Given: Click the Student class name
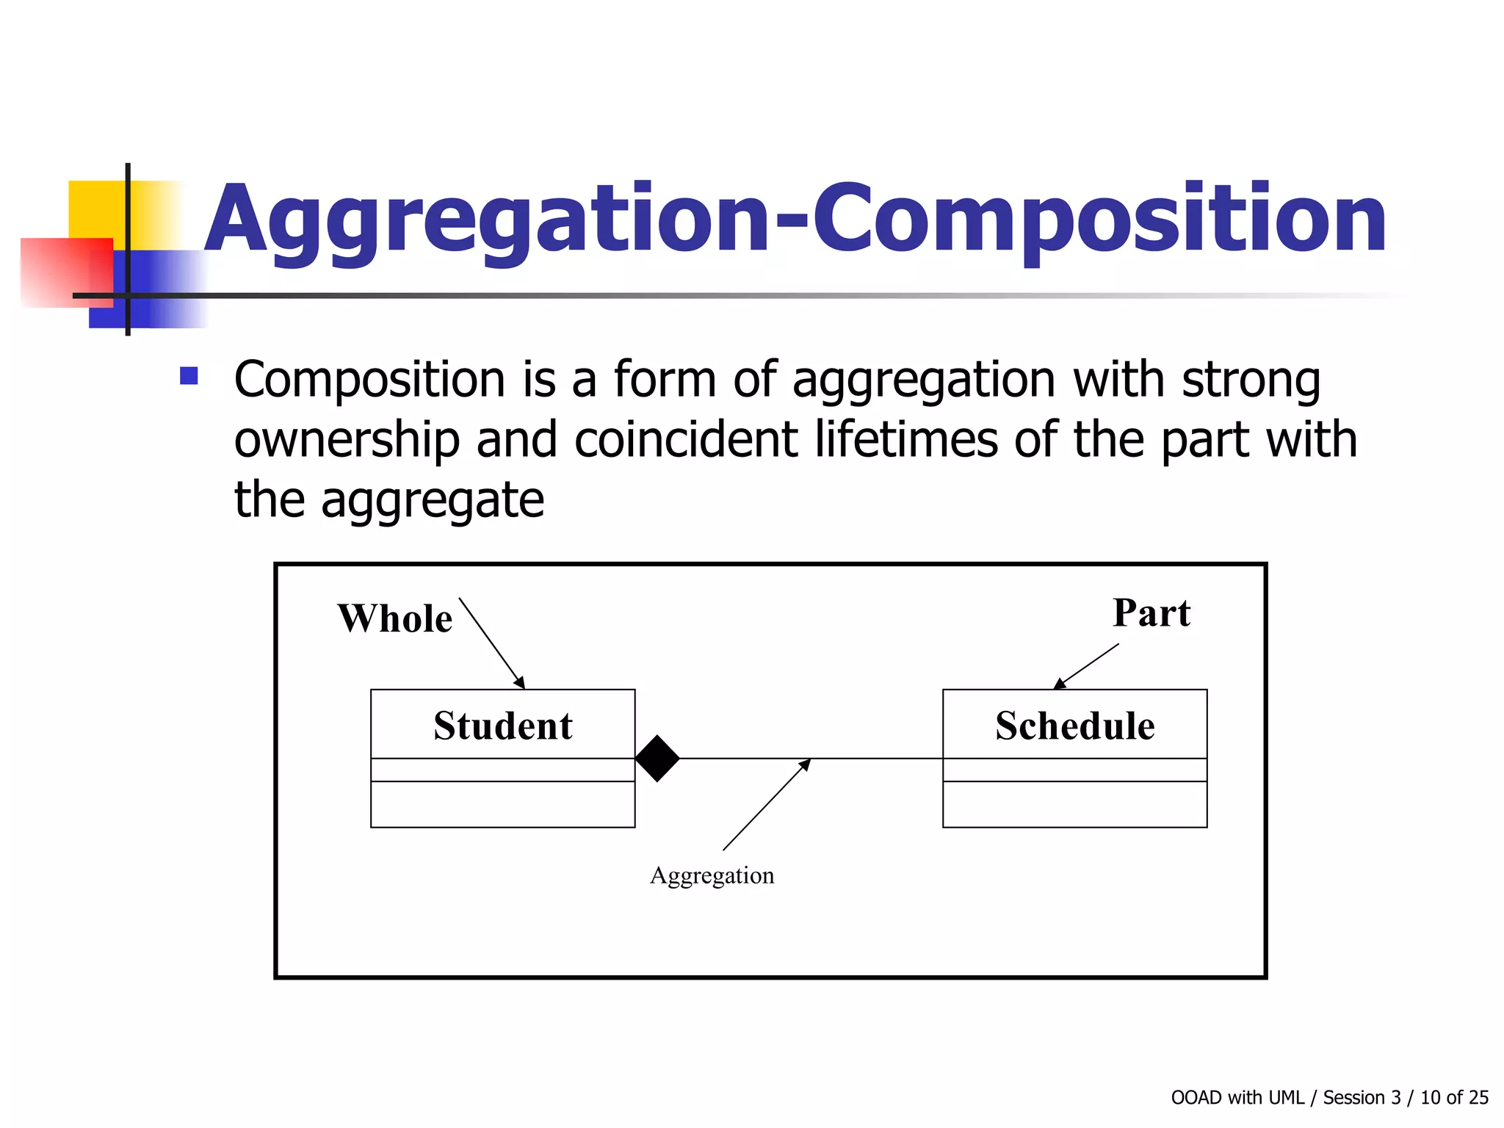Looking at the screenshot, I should pyautogui.click(x=502, y=726).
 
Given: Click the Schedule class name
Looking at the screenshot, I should pyautogui.click(x=1074, y=726).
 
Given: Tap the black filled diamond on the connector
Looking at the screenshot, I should pyautogui.click(x=657, y=758).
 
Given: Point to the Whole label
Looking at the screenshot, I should pyautogui.click(x=394, y=618).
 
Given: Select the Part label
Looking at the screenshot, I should pyautogui.click(x=1151, y=612).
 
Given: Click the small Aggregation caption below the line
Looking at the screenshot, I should pyautogui.click(x=712, y=875).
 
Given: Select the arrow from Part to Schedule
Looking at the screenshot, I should pyautogui.click(x=1087, y=666).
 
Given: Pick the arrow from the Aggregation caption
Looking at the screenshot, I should pyautogui.click(x=766, y=805).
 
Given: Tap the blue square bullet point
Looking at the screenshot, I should pyautogui.click(x=189, y=376).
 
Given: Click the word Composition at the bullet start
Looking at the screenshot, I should pyautogui.click(x=369, y=380).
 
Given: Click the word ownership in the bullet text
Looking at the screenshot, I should pyautogui.click(x=347, y=441).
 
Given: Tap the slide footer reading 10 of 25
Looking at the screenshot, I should pyautogui.click(x=1454, y=1097).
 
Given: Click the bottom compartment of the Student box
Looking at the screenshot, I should pyautogui.click(x=502, y=804).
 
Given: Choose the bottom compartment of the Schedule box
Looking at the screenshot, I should pyautogui.click(x=1074, y=804).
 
